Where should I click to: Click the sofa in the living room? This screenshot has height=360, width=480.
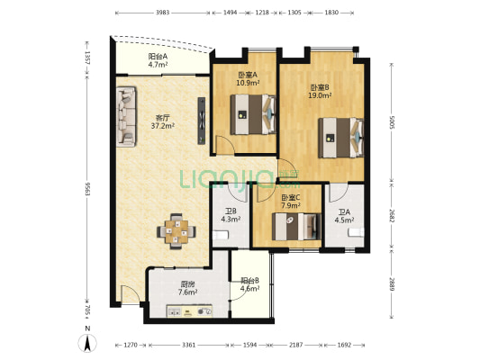(126, 117)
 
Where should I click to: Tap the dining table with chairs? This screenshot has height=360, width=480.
(177, 231)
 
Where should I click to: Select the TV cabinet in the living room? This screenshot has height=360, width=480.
(202, 121)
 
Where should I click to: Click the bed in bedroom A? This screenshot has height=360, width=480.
(253, 114)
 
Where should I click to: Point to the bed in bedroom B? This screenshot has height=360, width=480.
(341, 138)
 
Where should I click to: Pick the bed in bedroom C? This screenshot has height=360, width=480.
(296, 226)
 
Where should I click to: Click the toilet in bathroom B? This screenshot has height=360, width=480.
(221, 235)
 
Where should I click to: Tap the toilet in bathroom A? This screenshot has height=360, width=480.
(356, 232)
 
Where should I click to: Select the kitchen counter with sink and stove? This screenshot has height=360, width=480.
(189, 310)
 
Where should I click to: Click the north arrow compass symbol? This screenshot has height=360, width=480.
(87, 343)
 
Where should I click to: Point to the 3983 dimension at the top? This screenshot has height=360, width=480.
(162, 13)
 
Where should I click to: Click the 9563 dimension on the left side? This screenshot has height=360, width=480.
(87, 189)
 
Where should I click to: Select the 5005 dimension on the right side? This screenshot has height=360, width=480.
(392, 121)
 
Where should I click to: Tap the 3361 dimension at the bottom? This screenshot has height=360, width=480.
(189, 345)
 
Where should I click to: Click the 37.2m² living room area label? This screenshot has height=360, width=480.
(163, 126)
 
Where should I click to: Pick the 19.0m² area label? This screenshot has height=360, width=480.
(321, 95)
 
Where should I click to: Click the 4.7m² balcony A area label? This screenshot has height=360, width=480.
(158, 65)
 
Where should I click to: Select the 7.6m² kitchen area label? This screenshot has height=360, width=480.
(188, 292)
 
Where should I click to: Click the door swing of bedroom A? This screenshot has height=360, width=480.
(225, 144)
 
